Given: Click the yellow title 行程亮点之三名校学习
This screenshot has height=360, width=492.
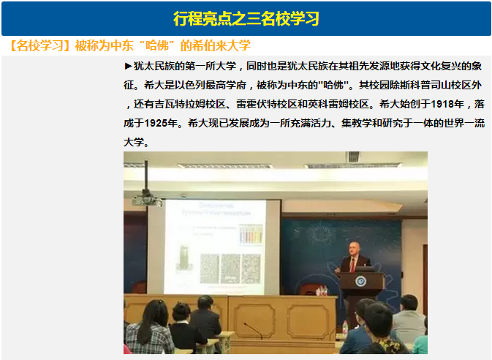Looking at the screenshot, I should click(x=246, y=18).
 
